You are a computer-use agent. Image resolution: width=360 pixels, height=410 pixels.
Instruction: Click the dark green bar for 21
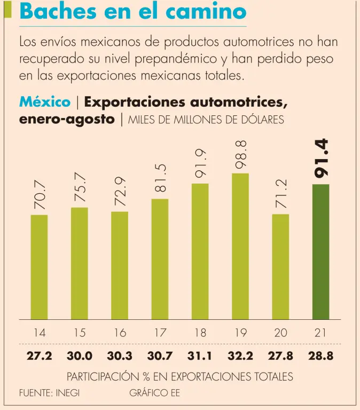click(320, 251)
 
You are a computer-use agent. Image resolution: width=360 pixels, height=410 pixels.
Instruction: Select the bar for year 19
click(240, 246)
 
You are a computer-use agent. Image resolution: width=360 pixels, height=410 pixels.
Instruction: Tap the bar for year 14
click(40, 267)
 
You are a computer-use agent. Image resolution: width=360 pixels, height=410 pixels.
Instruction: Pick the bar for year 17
click(160, 259)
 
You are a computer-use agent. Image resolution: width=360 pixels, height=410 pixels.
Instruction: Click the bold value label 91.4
click(321, 159)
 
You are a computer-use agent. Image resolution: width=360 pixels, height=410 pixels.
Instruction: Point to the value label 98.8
click(240, 154)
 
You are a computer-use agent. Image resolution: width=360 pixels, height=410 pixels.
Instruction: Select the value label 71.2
click(281, 194)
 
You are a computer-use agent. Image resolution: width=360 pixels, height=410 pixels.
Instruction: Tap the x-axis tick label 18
click(200, 333)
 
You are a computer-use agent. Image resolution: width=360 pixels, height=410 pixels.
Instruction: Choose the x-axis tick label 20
click(280, 333)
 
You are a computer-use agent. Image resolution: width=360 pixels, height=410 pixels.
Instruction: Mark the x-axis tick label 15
click(80, 333)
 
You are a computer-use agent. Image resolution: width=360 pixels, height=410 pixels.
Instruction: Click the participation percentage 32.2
click(240, 356)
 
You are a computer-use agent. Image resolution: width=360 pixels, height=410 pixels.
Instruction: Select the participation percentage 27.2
click(40, 356)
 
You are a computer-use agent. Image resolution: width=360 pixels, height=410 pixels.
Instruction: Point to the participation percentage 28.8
click(320, 356)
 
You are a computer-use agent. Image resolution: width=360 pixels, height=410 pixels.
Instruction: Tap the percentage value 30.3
click(120, 356)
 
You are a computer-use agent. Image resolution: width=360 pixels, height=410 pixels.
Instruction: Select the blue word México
click(44, 101)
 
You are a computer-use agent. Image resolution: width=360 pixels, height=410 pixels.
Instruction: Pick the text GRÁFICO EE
click(154, 393)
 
